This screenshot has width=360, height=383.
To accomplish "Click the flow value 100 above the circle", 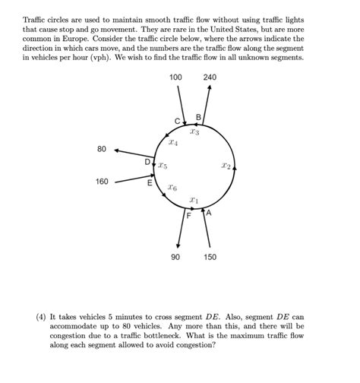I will [x=176, y=78].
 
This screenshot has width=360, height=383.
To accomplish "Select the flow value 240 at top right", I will [x=210, y=78].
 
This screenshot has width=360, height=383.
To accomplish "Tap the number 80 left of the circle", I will [x=102, y=149].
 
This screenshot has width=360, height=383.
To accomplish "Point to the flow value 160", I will [x=102, y=182].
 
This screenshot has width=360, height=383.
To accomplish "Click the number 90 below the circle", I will [x=176, y=257].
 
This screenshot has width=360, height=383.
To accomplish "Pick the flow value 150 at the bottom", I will [x=210, y=257].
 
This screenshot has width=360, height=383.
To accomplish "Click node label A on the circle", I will [x=209, y=214].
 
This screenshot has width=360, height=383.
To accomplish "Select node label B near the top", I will [x=198, y=117].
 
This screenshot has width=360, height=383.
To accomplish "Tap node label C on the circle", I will [x=177, y=121].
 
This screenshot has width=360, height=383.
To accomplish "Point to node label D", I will [x=148, y=162].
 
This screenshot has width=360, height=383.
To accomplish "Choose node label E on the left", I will [x=149, y=183].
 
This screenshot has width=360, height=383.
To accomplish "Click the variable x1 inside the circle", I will [x=194, y=201].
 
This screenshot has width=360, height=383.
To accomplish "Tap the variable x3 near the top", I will [x=194, y=132].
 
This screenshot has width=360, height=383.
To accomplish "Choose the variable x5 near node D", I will [x=163, y=165].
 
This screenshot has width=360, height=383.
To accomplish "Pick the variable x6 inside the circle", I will [x=172, y=187].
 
